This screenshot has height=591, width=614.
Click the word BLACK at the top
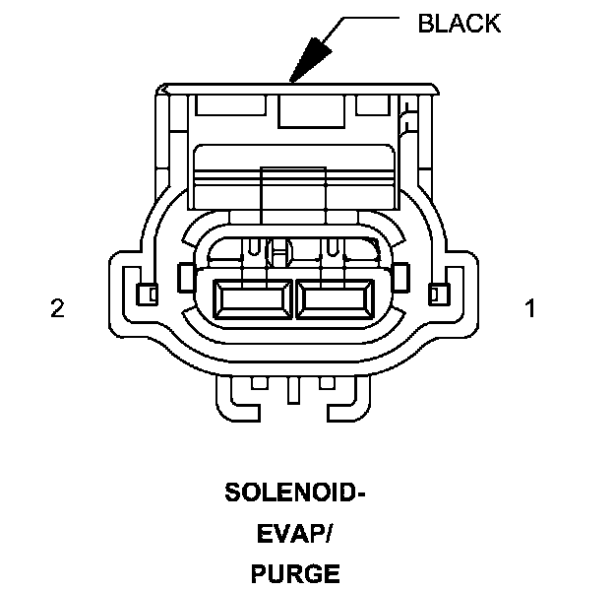459,24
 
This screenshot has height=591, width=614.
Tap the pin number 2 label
57,309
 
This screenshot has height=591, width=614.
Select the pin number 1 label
531,309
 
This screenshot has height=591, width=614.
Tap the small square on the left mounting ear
146,293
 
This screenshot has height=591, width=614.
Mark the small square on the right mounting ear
439,293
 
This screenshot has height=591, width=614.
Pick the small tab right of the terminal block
401,278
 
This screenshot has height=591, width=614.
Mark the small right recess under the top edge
373,104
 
